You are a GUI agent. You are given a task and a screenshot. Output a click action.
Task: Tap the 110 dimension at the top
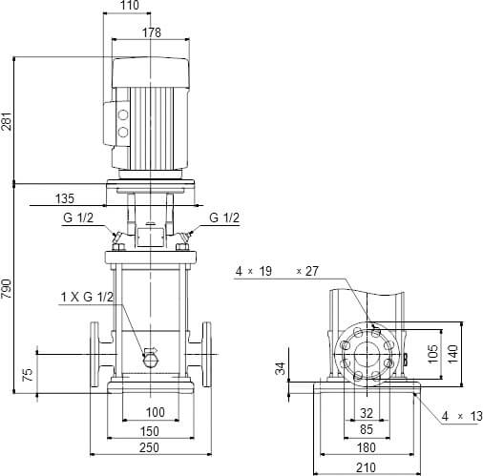130,7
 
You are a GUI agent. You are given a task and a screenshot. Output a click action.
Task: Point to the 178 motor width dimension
150,32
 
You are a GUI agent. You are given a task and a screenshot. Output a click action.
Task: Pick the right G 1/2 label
223,217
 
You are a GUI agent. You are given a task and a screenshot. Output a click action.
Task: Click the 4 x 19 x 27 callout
277,272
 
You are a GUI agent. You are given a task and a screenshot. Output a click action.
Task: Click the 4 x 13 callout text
457,417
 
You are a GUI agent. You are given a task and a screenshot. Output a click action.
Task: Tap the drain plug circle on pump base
150,357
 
